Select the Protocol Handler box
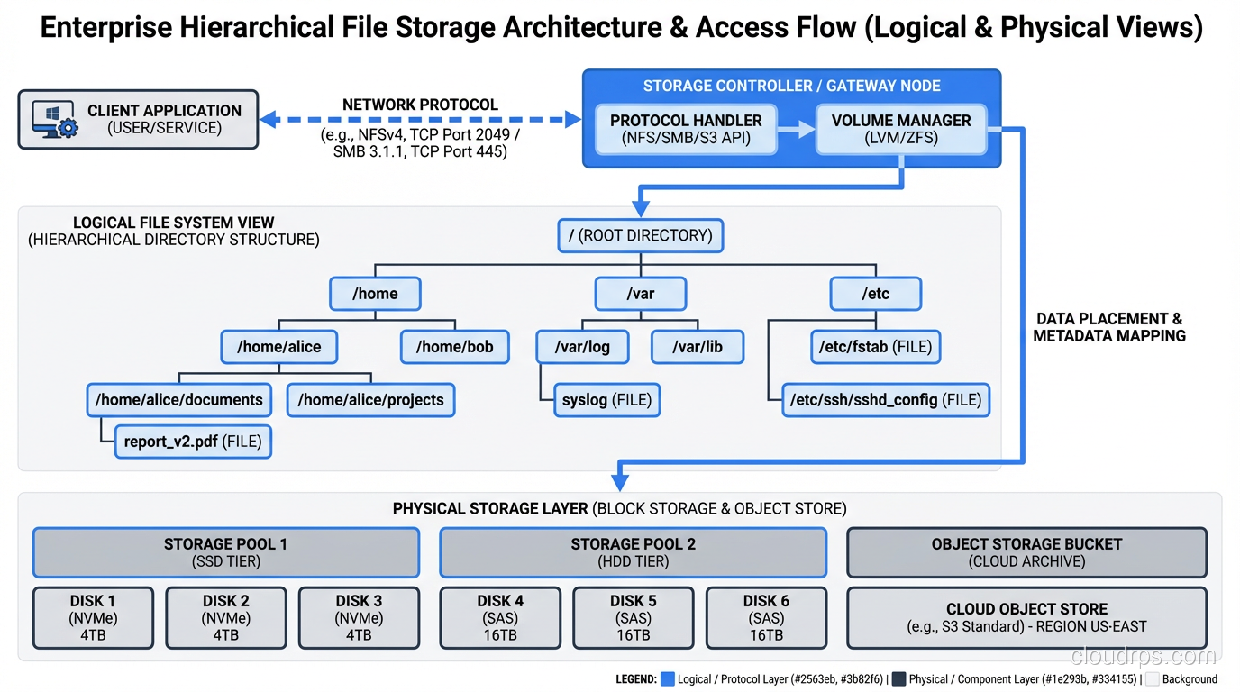[686, 129]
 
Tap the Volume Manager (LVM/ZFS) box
[900, 129]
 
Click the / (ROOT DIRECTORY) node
[640, 235]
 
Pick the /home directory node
[375, 293]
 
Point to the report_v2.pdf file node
[193, 442]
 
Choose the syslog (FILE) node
[606, 399]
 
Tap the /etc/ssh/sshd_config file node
[885, 399]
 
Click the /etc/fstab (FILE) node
[875, 346]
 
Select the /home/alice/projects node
[370, 399]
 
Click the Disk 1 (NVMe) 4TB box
[93, 618]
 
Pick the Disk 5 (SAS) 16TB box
[633, 618]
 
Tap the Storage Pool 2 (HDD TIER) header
[633, 552]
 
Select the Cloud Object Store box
[1026, 618]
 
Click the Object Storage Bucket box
[1026, 552]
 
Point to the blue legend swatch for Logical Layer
[668, 679]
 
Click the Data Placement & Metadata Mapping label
[1108, 327]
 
